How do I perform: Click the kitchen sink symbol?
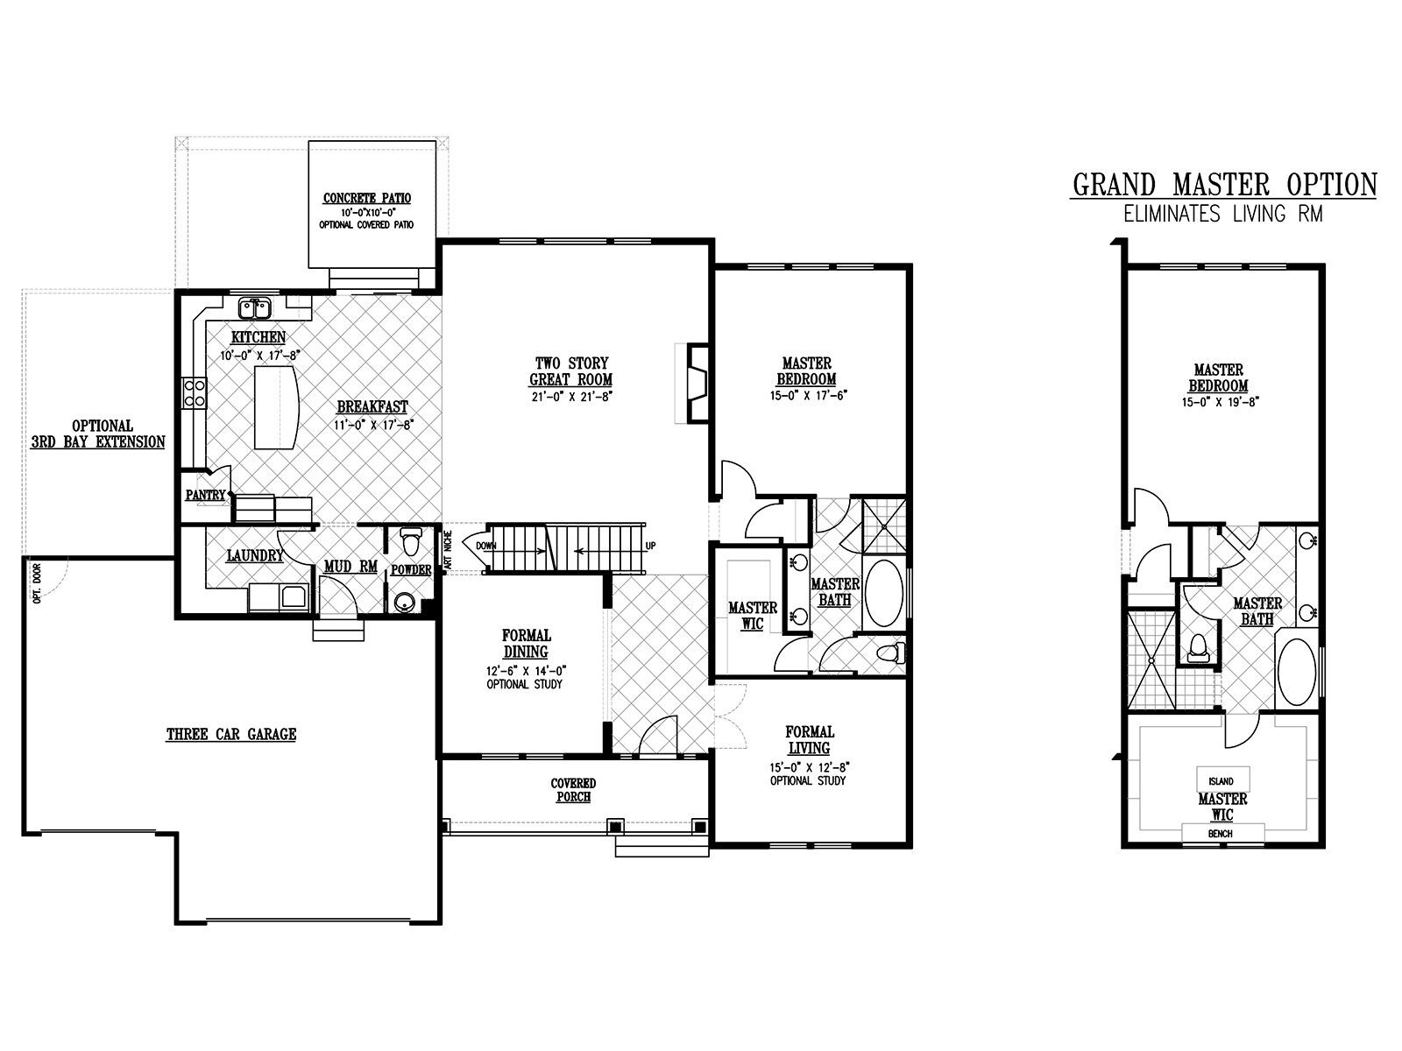(x=256, y=309)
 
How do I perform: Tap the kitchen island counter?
(x=276, y=408)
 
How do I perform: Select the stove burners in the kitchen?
(x=195, y=393)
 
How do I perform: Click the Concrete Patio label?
(x=366, y=199)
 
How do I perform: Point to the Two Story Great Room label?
(x=571, y=371)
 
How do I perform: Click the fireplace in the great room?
(x=697, y=383)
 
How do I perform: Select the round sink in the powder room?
(x=403, y=601)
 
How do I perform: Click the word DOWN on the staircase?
(x=486, y=547)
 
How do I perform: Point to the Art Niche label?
(x=448, y=550)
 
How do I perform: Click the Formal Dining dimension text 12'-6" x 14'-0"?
(x=527, y=671)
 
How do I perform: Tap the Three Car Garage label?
(x=231, y=735)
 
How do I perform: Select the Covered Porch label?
(x=574, y=790)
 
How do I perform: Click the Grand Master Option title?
(x=1224, y=185)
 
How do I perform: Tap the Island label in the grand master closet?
(x=1221, y=781)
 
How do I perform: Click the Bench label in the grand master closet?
(x=1220, y=834)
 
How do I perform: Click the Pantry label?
(x=206, y=495)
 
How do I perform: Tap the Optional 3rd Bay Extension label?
(x=98, y=434)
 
